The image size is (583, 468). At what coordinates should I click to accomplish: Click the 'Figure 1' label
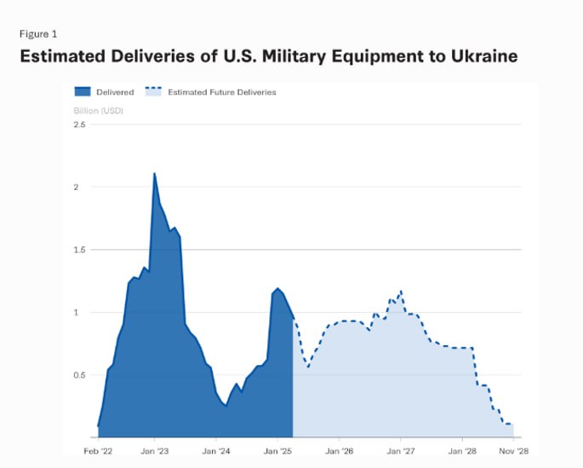coord(38,34)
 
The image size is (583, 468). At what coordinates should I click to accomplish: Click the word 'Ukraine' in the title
coord(484,56)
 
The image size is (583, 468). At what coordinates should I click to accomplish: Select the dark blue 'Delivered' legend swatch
coord(83,91)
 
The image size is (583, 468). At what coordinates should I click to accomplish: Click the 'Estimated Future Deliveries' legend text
coord(222,92)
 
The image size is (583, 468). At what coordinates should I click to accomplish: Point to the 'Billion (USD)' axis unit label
coord(98,111)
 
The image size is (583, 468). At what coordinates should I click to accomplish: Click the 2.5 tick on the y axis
coord(79,124)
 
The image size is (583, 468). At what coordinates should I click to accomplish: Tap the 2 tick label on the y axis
coord(77,187)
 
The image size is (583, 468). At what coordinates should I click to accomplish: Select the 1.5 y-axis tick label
coord(79,250)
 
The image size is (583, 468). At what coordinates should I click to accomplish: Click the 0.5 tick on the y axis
coord(79,375)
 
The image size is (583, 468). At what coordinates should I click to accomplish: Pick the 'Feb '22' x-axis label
coord(98,451)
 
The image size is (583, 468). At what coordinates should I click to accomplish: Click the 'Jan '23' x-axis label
coord(154,451)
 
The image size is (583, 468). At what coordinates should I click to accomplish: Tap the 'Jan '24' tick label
coord(216,451)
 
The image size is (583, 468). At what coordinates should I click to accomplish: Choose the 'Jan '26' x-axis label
coord(339,451)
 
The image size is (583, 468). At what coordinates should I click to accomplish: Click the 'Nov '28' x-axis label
coord(513,451)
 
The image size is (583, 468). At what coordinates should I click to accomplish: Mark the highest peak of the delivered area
coord(154,173)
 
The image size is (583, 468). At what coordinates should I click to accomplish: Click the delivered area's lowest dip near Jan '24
coord(226,406)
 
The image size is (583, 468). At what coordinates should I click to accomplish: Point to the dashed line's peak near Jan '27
coord(401,291)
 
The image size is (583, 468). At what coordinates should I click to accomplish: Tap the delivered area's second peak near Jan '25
coord(277,288)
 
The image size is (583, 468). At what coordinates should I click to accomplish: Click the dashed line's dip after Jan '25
coord(308,367)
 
